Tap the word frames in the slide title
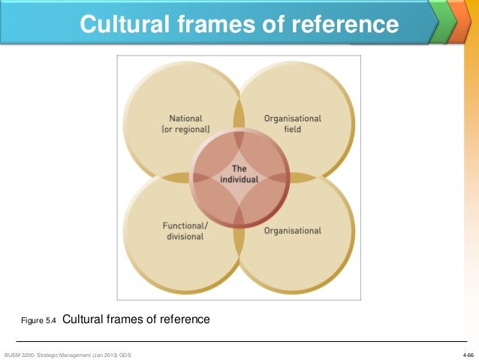click(x=208, y=25)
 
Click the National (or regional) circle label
click(x=189, y=123)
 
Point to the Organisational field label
click(x=293, y=123)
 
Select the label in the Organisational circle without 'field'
click(x=293, y=231)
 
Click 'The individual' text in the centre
click(x=239, y=174)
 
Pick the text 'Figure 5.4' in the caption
click(x=38, y=321)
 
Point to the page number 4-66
click(x=468, y=353)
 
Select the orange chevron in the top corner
click(x=458, y=20)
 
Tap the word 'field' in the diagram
click(x=293, y=129)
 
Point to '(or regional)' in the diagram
click(x=189, y=129)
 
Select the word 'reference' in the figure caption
click(x=184, y=319)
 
